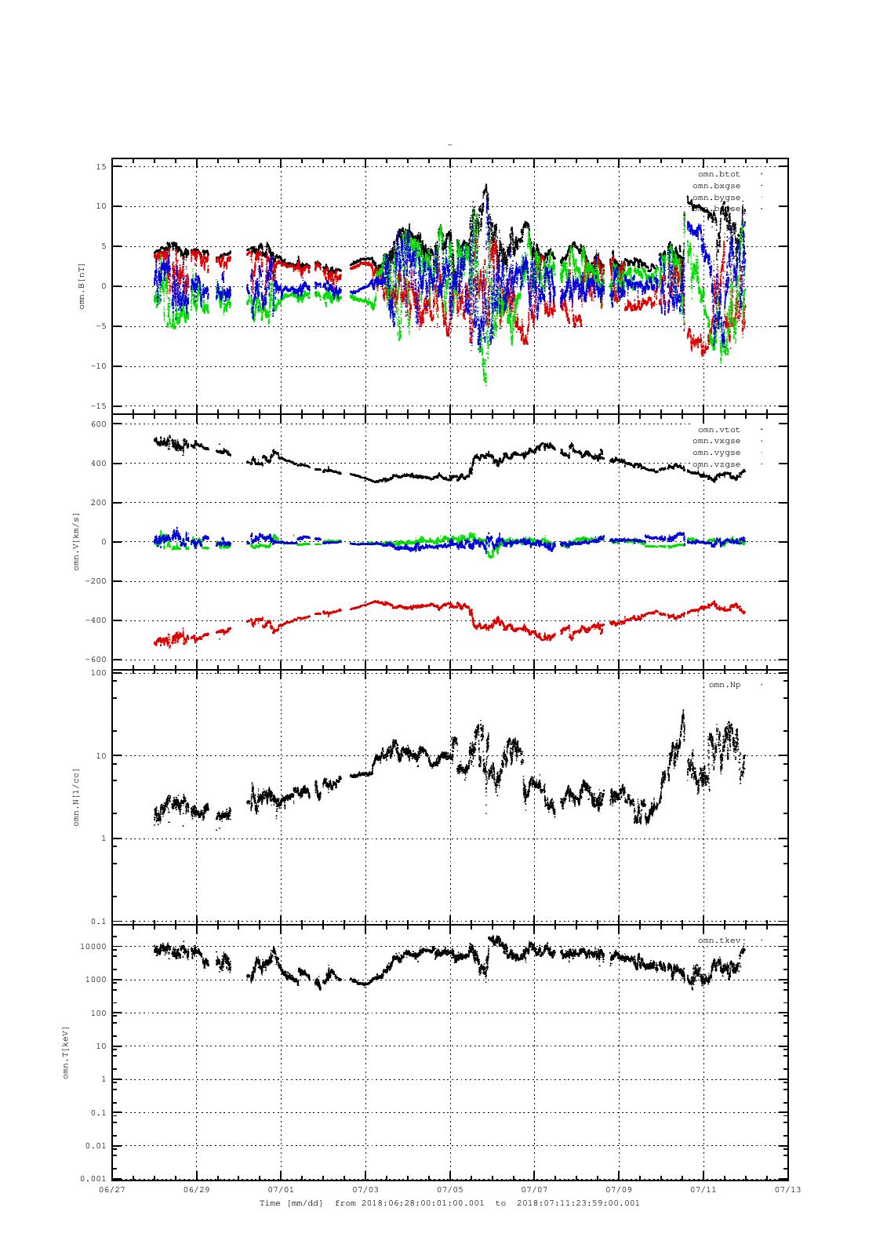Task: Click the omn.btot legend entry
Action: [718, 174]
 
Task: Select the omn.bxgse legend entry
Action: [716, 186]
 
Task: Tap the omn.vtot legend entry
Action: [718, 430]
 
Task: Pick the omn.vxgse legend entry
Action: [716, 441]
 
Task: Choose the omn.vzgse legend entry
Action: [716, 464]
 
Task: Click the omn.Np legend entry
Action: [724, 685]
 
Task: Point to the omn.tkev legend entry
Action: [718, 940]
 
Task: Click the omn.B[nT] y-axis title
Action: [82, 286]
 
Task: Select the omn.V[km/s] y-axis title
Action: [77, 541]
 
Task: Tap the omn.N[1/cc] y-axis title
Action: [77, 797]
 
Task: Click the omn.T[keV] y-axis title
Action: [66, 1052]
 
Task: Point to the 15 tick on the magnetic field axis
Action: [101, 166]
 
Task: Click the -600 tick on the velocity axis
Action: [96, 660]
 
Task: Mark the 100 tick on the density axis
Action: [98, 673]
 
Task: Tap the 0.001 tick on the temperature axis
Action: [93, 1179]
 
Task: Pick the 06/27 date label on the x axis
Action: [112, 1189]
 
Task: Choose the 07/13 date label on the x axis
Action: [788, 1189]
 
